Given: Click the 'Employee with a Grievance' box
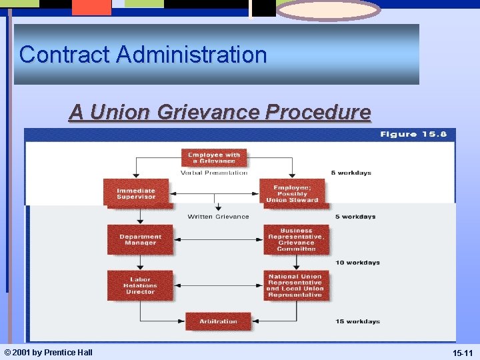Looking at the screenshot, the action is point(214,158).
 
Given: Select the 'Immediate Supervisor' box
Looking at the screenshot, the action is point(136,193).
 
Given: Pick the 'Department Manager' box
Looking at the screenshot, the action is point(140,239).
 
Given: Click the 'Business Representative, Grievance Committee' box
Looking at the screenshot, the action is point(296,239).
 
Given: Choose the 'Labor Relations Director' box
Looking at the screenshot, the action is point(140,285).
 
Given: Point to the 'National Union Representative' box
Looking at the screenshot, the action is point(296,285).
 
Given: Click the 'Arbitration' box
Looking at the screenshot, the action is point(218,321).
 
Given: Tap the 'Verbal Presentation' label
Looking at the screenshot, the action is point(214,173).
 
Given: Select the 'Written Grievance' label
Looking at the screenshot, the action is point(218,217).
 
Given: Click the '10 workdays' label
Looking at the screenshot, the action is point(357,263).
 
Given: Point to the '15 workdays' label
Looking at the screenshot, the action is point(357,321).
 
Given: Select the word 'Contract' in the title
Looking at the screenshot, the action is point(65,54).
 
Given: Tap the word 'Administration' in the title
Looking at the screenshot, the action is point(191,54).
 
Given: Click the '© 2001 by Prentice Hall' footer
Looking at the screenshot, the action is point(48,352).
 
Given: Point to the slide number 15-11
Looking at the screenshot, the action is point(463,352).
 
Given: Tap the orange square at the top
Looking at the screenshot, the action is point(91,7).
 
